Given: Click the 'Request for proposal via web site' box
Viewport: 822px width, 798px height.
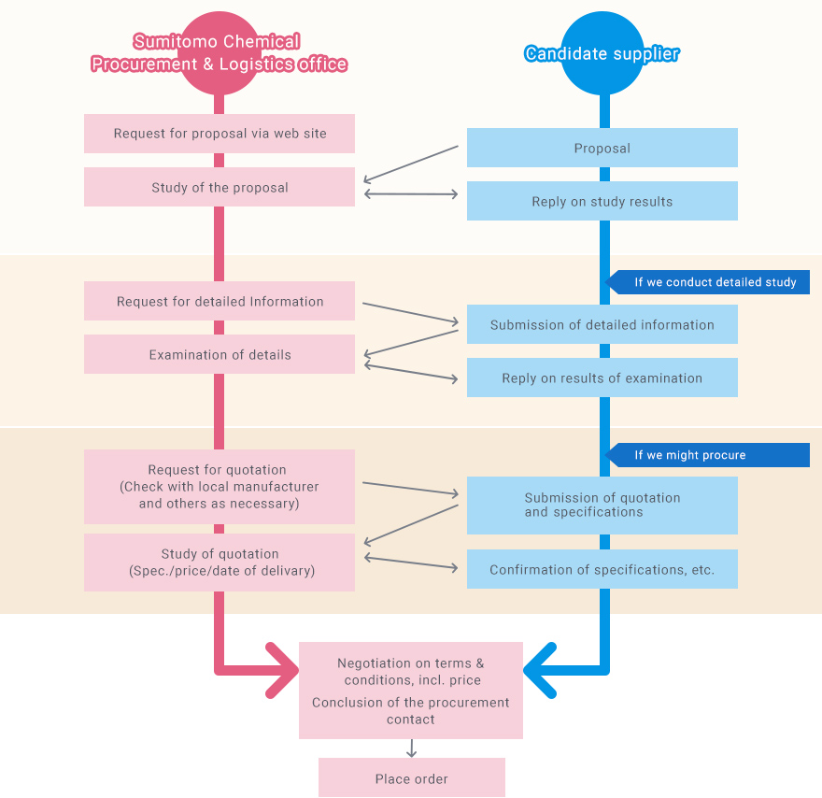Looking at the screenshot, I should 220,134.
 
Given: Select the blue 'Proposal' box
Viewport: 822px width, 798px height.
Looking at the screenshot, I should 602,148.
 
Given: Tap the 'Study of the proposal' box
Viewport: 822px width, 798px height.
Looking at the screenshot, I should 220,187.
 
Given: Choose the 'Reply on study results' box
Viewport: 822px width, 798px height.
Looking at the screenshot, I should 602,201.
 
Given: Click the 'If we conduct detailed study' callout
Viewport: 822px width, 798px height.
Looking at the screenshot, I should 710,282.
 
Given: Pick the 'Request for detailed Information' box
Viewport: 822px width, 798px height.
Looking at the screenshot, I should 220,301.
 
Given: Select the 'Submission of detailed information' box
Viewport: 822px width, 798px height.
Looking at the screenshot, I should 602,324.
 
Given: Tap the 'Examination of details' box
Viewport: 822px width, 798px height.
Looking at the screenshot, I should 220,354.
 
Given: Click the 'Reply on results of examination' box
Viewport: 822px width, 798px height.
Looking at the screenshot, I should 602,378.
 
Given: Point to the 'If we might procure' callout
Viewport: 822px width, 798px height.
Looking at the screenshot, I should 710,455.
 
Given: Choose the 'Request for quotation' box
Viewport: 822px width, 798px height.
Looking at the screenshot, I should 220,486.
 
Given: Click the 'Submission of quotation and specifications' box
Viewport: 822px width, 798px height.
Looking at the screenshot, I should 602,505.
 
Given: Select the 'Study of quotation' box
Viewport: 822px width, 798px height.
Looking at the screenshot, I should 220,562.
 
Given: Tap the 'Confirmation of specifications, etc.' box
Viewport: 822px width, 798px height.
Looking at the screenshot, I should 602,569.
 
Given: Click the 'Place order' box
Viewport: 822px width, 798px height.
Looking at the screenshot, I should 411,777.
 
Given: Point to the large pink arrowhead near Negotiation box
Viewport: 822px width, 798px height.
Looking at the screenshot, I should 281,670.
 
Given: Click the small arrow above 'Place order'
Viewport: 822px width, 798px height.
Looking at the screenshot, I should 411,748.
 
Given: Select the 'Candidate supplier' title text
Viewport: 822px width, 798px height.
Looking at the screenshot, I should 602,53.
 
